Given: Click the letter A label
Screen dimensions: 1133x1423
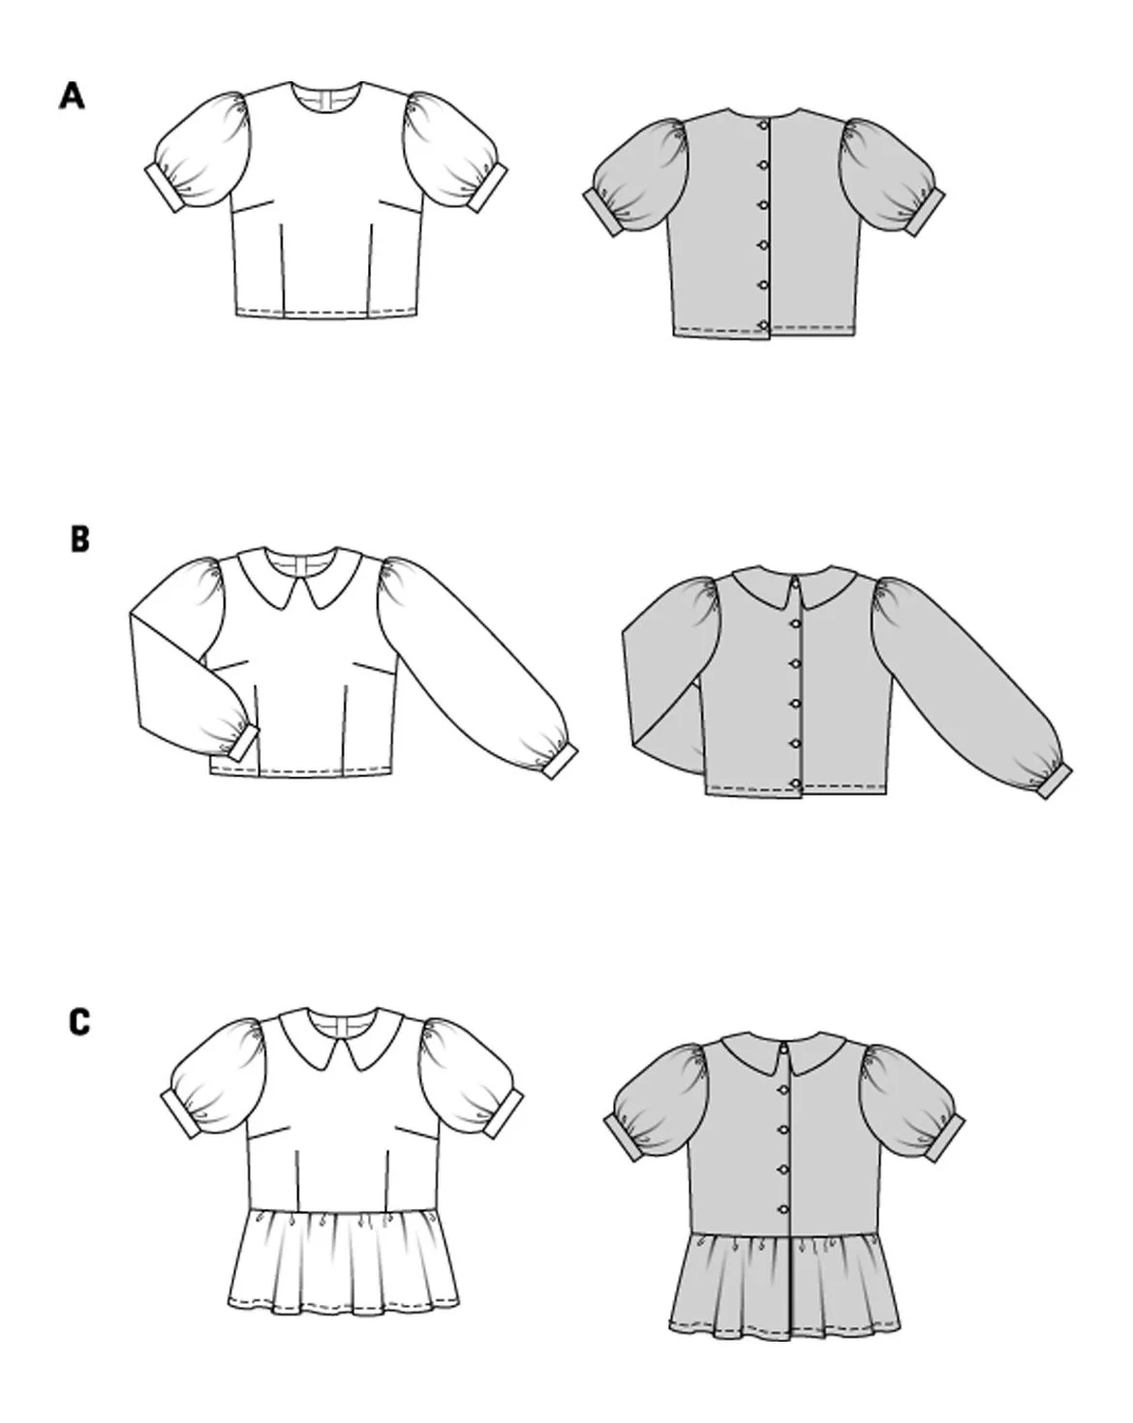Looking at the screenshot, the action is pyautogui.click(x=72, y=96).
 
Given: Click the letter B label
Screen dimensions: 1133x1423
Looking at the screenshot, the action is pyautogui.click(x=79, y=539).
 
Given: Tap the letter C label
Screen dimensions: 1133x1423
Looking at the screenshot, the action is pyautogui.click(x=78, y=1022).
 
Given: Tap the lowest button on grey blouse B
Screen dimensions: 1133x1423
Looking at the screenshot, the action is pyautogui.click(x=796, y=784).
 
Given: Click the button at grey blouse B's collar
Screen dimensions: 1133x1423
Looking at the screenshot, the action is pyautogui.click(x=798, y=581).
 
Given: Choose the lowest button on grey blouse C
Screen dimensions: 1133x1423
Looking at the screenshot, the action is pyautogui.click(x=783, y=1209).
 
